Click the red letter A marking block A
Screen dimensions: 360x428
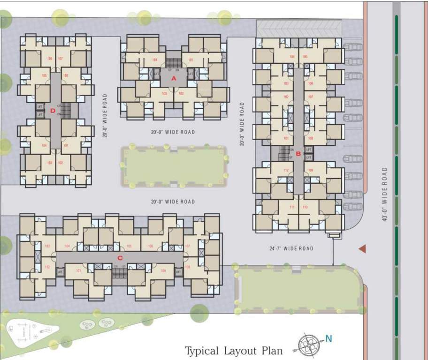[x=173, y=79]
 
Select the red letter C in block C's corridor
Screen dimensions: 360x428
[x=120, y=258]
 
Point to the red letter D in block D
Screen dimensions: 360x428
[x=53, y=111]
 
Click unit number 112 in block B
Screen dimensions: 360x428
[x=286, y=170]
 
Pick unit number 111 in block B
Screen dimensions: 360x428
[x=291, y=207]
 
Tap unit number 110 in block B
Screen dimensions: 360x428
[x=305, y=207]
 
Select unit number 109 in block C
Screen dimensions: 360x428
[x=163, y=270]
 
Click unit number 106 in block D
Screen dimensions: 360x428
[x=49, y=59]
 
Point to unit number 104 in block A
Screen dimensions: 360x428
[x=154, y=60]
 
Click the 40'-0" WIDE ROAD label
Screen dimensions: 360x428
[x=385, y=194]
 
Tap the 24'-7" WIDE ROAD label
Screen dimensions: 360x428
[x=291, y=248]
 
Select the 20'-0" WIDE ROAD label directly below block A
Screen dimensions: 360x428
[x=173, y=132]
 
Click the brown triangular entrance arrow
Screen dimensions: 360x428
[x=362, y=248]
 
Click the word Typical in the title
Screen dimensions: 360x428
[x=202, y=351]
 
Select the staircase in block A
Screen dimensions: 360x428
[x=173, y=63]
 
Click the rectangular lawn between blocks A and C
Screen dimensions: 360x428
[x=173, y=167]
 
